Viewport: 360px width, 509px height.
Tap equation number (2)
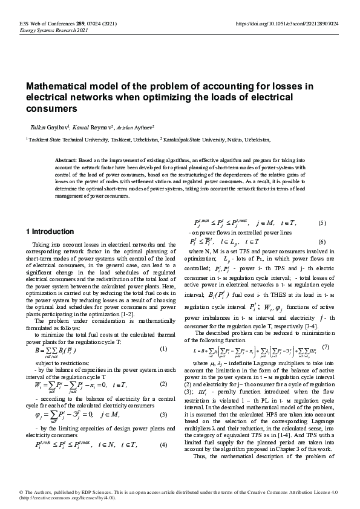(x=163, y=384)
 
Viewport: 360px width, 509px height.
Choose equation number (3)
(x=163, y=415)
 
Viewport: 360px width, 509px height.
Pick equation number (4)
(x=163, y=445)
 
